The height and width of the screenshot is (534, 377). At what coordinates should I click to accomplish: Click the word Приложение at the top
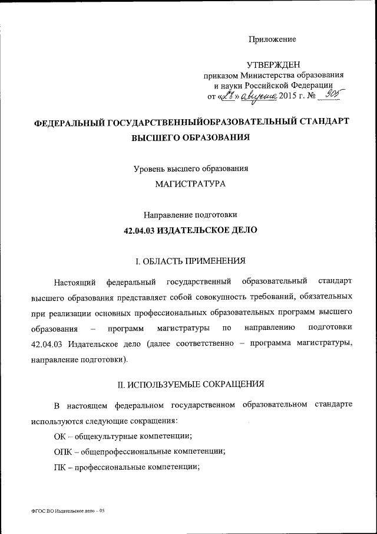coord(272,40)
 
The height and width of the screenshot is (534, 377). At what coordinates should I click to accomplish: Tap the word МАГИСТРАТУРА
coord(190,184)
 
